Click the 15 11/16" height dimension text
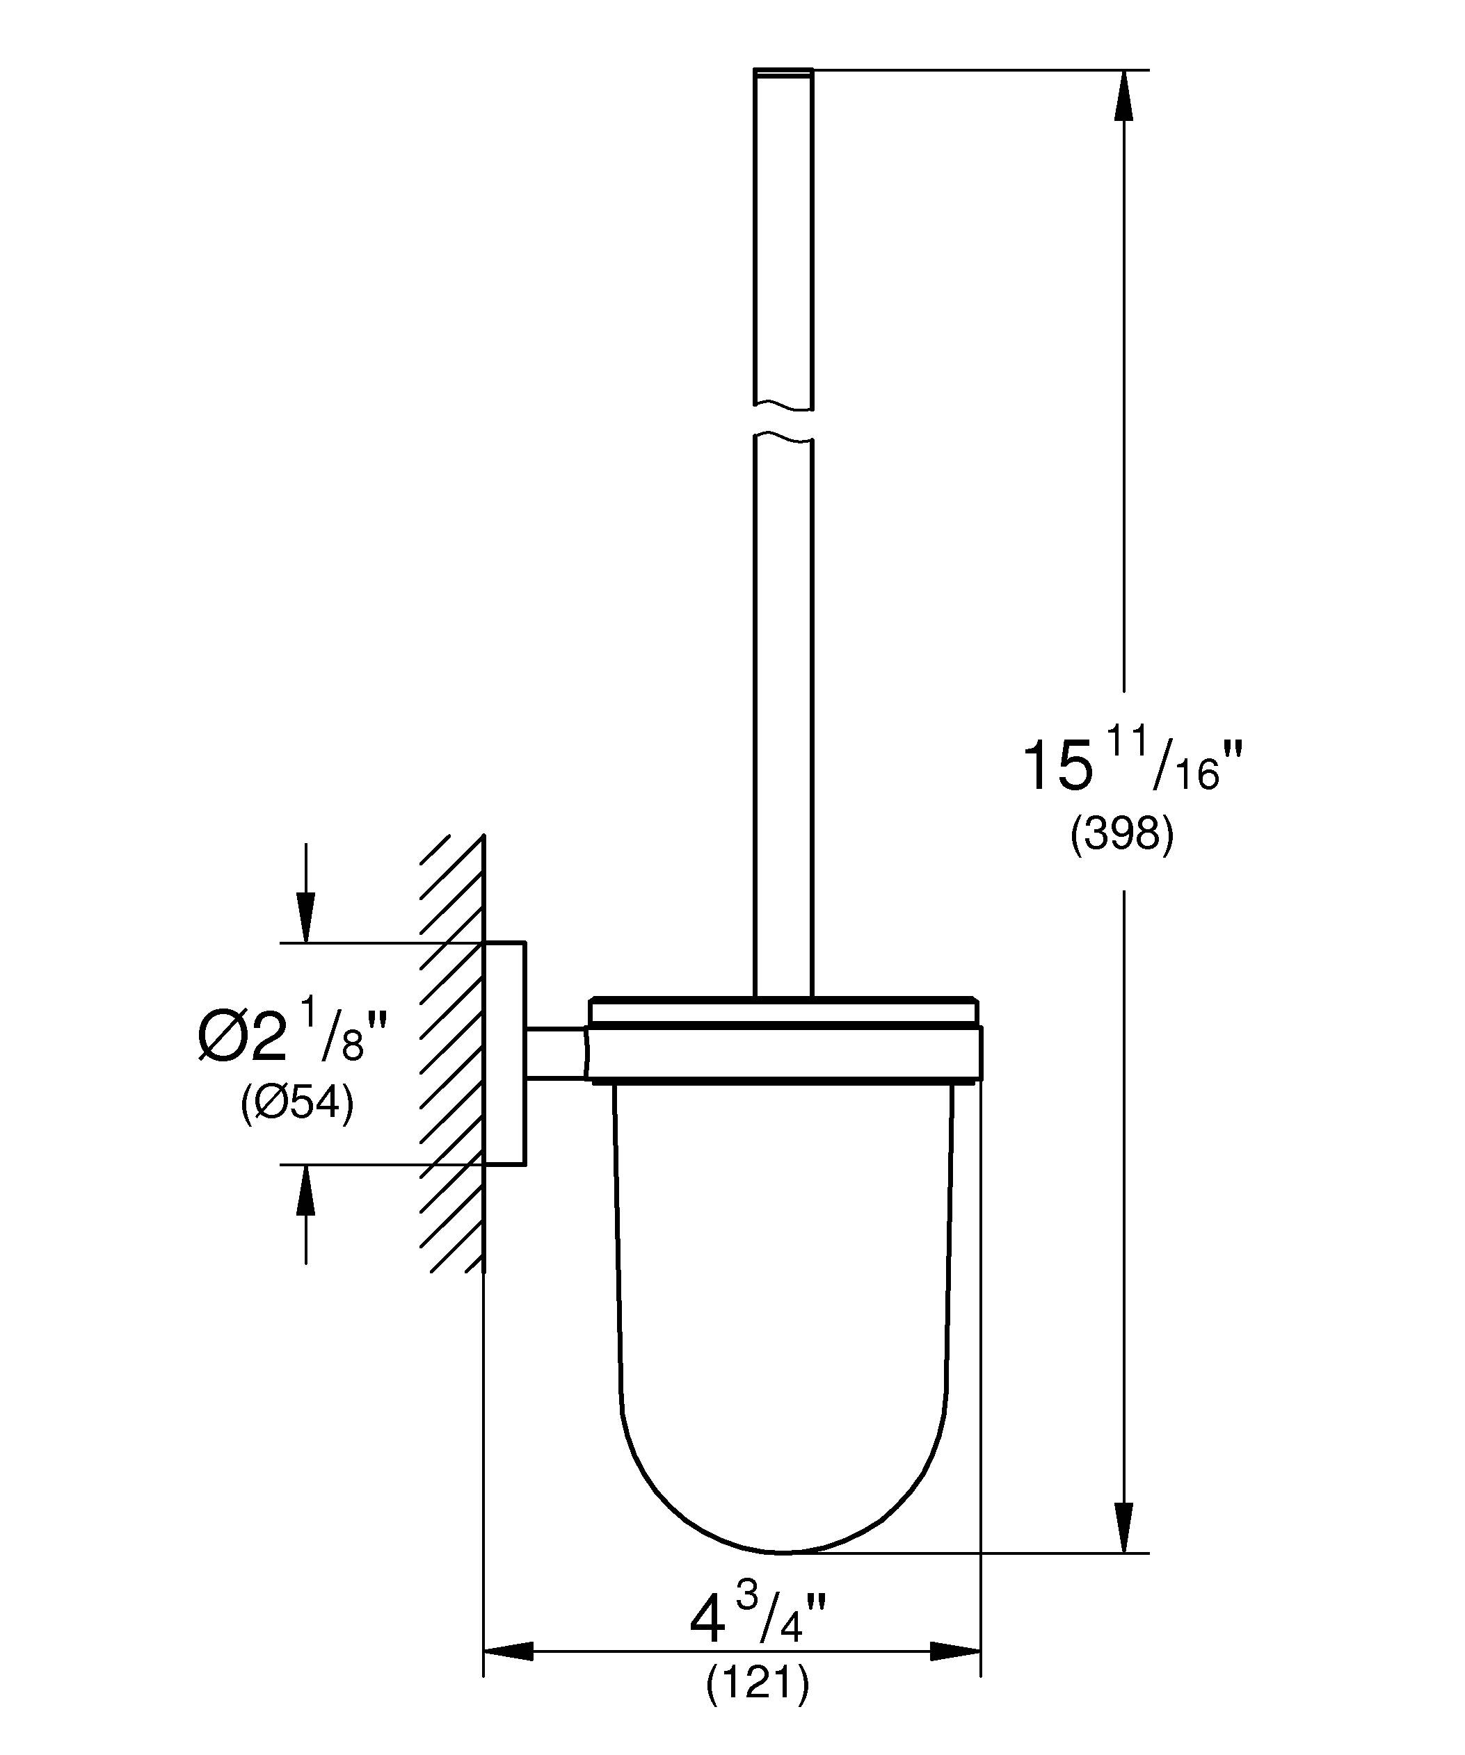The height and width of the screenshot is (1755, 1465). tap(1132, 765)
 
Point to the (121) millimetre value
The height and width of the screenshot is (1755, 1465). tap(758, 1684)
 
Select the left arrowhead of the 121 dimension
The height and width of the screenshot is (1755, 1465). tap(506, 1651)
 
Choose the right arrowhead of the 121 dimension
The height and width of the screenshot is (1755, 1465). tap(956, 1651)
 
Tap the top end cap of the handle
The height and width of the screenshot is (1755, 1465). tap(783, 73)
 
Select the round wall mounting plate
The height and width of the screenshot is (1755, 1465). tap(505, 1053)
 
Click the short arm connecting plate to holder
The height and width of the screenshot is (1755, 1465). tap(555, 1053)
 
